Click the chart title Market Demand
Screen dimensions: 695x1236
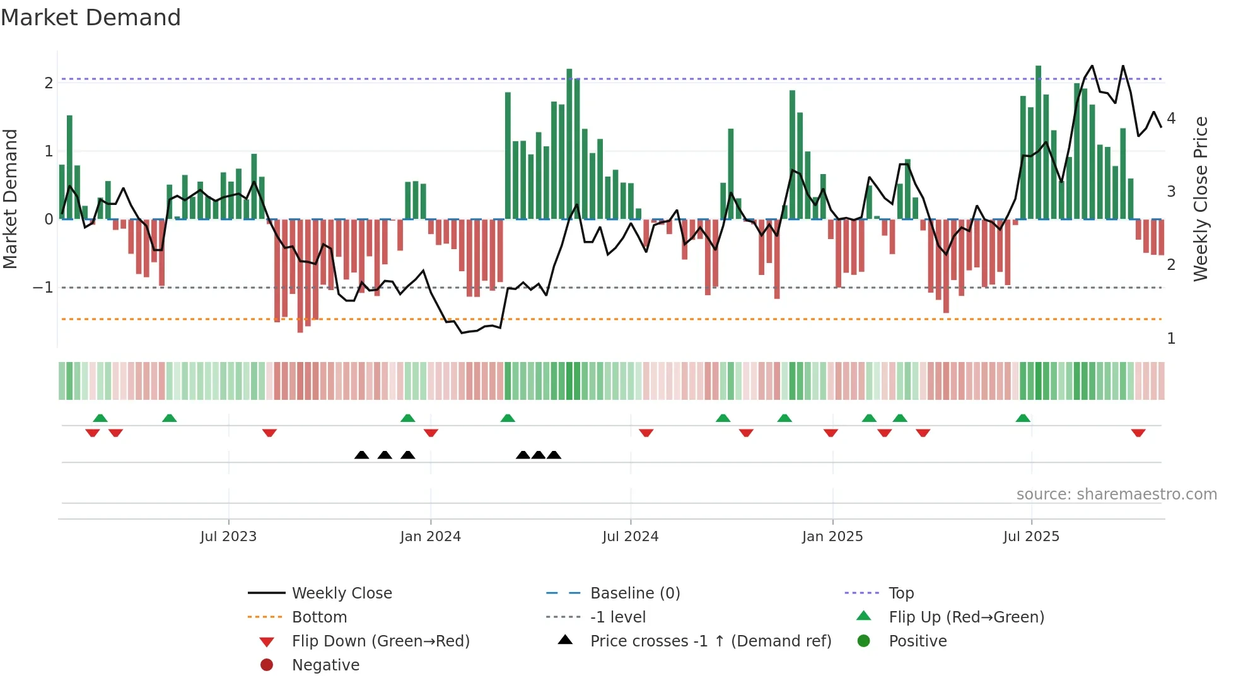[91, 18]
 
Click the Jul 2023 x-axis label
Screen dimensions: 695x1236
[228, 537]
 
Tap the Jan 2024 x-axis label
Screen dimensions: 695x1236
[430, 537]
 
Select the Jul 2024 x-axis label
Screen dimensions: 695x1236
[630, 537]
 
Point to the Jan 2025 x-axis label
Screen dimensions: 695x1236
[832, 537]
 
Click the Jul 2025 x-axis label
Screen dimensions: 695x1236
[1031, 537]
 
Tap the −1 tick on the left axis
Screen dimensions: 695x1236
[43, 288]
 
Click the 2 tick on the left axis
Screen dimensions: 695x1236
[49, 83]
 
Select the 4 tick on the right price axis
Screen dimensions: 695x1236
[1171, 119]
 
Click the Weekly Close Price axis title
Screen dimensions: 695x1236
[1201, 199]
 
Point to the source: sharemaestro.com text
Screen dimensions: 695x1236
[1116, 494]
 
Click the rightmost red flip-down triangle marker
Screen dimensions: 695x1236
[1138, 433]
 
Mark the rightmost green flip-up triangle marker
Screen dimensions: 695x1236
[1023, 418]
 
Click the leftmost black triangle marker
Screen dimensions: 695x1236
[361, 455]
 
